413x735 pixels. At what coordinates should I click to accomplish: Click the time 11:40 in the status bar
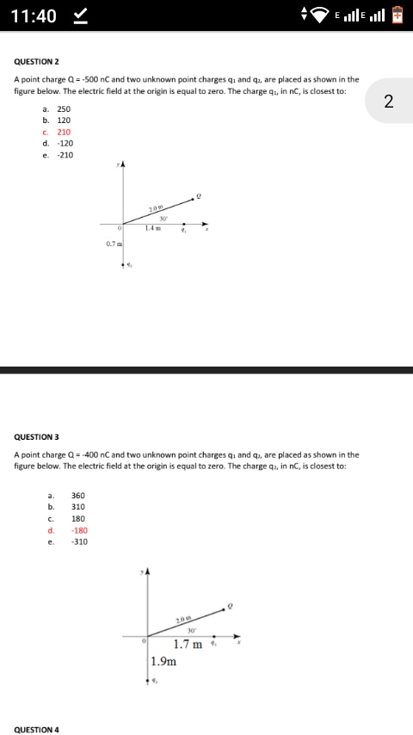35,16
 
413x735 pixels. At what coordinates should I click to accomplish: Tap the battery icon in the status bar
398,15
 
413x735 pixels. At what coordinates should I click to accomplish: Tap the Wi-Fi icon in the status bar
321,15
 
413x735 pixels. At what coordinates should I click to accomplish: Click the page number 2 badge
389,102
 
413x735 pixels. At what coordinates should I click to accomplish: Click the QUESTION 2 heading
37,62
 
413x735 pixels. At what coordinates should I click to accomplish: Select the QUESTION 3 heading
37,437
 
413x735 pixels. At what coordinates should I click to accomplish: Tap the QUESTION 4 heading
37,729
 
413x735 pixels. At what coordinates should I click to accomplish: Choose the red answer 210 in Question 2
64,133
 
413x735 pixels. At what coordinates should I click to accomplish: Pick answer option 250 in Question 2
64,109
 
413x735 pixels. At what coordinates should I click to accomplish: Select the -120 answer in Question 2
65,144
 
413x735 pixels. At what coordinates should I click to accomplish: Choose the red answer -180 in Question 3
79,530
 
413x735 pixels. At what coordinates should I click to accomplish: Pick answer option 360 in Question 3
78,496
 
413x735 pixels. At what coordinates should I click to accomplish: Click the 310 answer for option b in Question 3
78,507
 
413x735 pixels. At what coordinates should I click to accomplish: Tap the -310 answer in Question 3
79,542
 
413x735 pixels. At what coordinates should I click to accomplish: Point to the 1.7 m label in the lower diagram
188,644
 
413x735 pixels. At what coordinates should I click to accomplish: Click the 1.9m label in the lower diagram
163,662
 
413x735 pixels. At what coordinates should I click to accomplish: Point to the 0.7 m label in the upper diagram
113,244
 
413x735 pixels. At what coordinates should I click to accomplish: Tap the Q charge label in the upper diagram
199,195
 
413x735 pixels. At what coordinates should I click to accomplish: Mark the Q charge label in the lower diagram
230,605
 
